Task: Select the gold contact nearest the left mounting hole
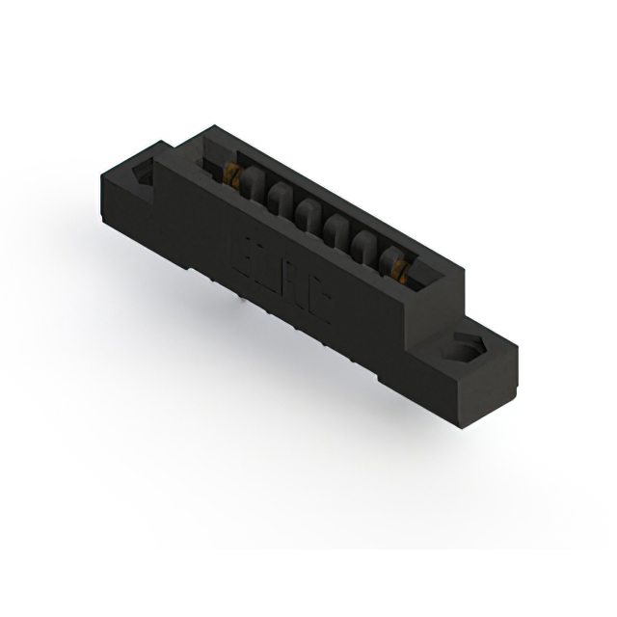pyautogui.click(x=232, y=174)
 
